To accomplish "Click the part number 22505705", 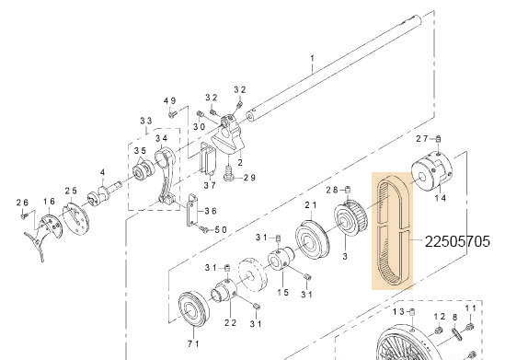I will pos(457,242).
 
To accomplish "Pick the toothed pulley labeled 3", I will pos(350,221).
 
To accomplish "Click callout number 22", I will pos(229,323).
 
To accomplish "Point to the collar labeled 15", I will pos(279,263).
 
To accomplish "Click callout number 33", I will pos(145,122).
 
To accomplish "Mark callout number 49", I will pos(169,100).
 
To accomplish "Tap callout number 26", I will pos(23,202).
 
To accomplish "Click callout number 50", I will pos(220,229).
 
